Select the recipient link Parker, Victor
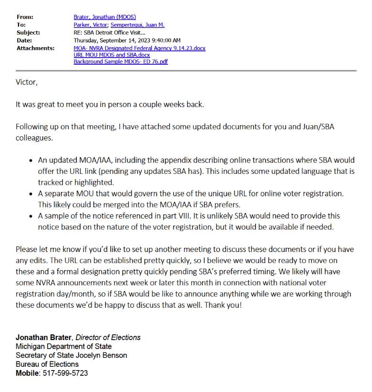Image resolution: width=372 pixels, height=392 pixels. (x=90, y=25)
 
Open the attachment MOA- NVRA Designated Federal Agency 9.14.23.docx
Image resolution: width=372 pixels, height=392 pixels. (x=139, y=48)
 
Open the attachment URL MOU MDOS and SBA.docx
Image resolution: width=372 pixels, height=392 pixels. (x=112, y=55)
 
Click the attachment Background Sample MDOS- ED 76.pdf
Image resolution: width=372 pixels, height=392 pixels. (x=121, y=61)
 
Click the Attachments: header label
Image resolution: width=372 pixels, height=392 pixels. (x=35, y=48)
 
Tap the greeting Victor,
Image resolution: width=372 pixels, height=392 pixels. (x=26, y=82)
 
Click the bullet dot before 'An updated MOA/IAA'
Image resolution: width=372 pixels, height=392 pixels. (x=31, y=161)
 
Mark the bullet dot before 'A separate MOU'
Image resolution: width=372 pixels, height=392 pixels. (x=31, y=194)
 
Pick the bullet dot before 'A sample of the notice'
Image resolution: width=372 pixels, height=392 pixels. (x=31, y=216)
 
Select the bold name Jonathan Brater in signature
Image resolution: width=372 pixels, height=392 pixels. (x=44, y=337)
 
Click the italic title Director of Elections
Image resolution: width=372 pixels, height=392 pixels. (x=108, y=337)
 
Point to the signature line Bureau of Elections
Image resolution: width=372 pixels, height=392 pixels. (x=47, y=364)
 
